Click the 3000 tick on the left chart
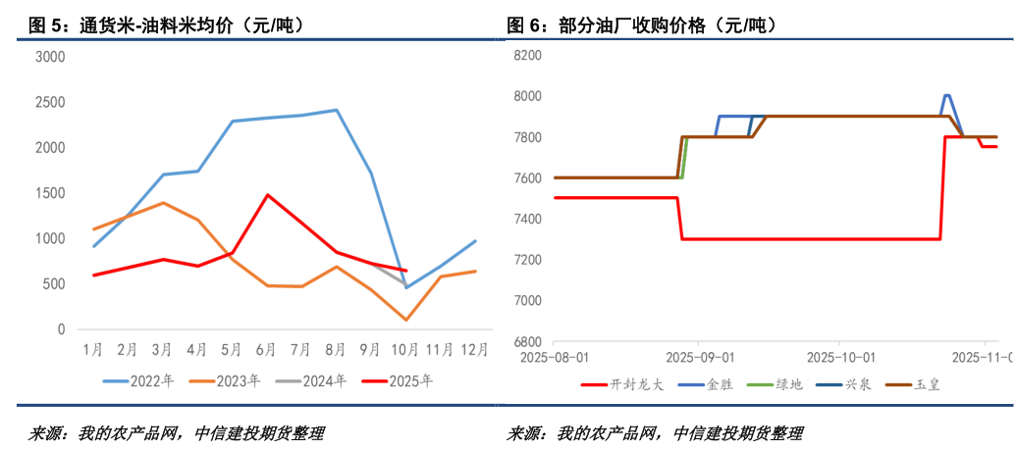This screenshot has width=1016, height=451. [x=49, y=57]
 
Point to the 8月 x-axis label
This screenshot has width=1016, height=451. [x=337, y=350]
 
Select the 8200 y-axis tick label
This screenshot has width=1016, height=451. [x=528, y=56]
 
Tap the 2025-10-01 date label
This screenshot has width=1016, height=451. [x=841, y=358]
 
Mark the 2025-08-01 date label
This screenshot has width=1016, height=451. [x=556, y=358]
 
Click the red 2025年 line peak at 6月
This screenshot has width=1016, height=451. [x=267, y=194]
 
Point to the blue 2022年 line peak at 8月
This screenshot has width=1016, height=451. [x=337, y=110]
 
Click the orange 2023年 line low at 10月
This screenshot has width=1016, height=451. [x=406, y=320]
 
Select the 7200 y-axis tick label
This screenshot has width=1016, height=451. [x=528, y=260]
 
